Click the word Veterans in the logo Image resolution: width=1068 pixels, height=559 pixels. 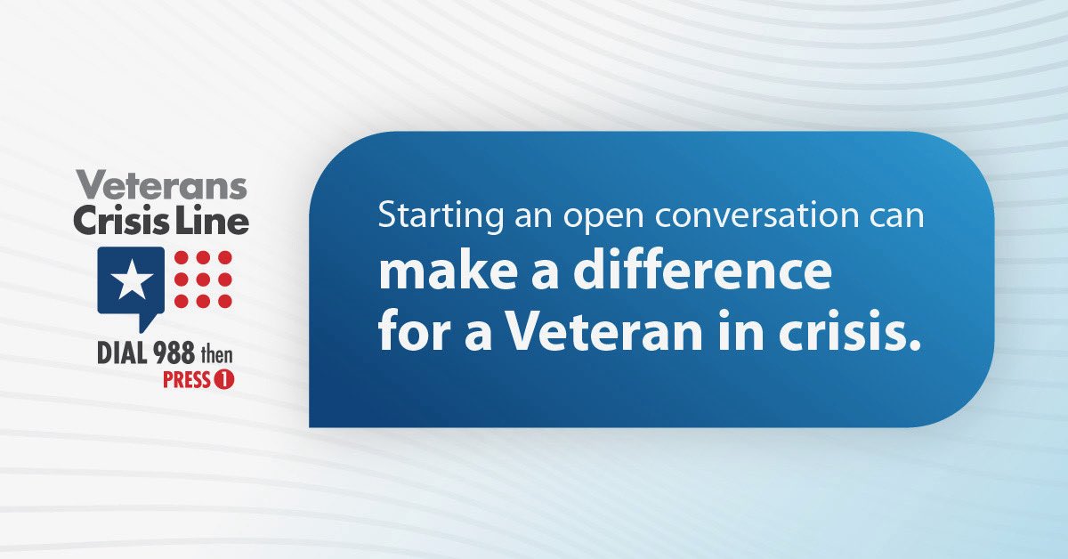point(160,186)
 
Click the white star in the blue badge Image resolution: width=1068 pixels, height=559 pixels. point(131,281)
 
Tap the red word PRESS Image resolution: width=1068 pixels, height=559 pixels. point(186,381)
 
